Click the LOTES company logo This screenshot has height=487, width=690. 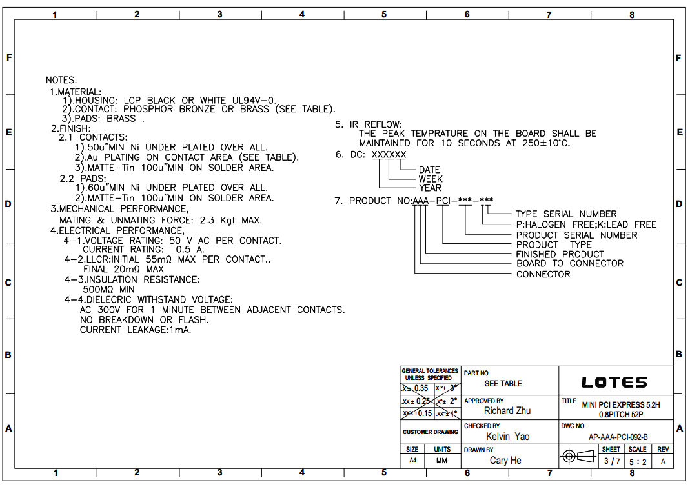pyautogui.click(x=614, y=383)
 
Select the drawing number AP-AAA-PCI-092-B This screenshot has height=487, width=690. pyautogui.click(x=618, y=437)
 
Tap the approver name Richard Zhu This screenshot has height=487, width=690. pyautogui.click(x=507, y=411)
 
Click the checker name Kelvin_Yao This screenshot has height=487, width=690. pyautogui.click(x=507, y=437)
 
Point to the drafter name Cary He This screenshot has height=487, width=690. pyautogui.click(x=505, y=461)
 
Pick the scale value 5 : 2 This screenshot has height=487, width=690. pyautogui.click(x=637, y=461)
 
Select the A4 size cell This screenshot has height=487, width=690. pyautogui.click(x=412, y=461)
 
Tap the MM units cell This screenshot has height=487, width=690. pyautogui.click(x=442, y=461)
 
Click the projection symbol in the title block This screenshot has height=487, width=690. pyautogui.click(x=577, y=457)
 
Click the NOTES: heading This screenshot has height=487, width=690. pyautogui.click(x=61, y=81)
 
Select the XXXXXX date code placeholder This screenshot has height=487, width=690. pyautogui.click(x=389, y=155)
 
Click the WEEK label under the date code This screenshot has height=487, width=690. pyautogui.click(x=431, y=179)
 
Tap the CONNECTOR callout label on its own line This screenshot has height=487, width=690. pyautogui.click(x=543, y=274)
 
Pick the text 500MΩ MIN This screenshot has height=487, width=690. pyautogui.click(x=109, y=290)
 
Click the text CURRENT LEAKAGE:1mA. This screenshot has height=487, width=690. pyautogui.click(x=136, y=330)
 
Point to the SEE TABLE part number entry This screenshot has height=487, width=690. pyautogui.click(x=503, y=383)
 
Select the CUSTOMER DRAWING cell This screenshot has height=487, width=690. pyautogui.click(x=430, y=432)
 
